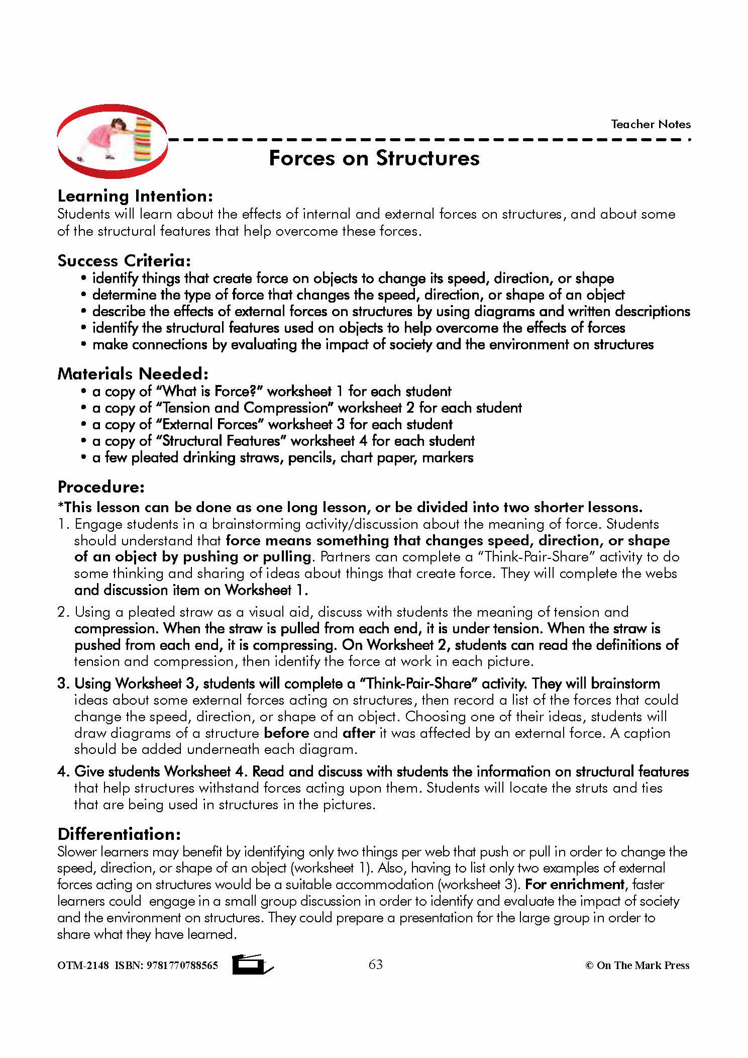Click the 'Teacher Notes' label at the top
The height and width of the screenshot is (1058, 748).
click(650, 124)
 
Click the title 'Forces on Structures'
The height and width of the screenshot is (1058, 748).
click(374, 158)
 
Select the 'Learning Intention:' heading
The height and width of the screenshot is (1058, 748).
click(135, 196)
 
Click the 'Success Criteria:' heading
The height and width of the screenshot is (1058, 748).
click(124, 260)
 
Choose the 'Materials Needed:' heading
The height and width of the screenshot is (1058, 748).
click(133, 373)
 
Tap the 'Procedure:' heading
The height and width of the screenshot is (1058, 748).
click(101, 487)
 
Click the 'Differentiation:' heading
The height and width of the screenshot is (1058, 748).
click(119, 834)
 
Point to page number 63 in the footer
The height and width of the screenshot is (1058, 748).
click(376, 964)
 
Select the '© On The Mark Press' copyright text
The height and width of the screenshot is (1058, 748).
click(637, 965)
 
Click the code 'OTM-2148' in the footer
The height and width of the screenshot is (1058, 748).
click(83, 965)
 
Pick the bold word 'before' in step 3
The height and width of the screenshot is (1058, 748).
click(286, 733)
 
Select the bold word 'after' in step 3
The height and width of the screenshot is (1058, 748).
click(359, 733)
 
